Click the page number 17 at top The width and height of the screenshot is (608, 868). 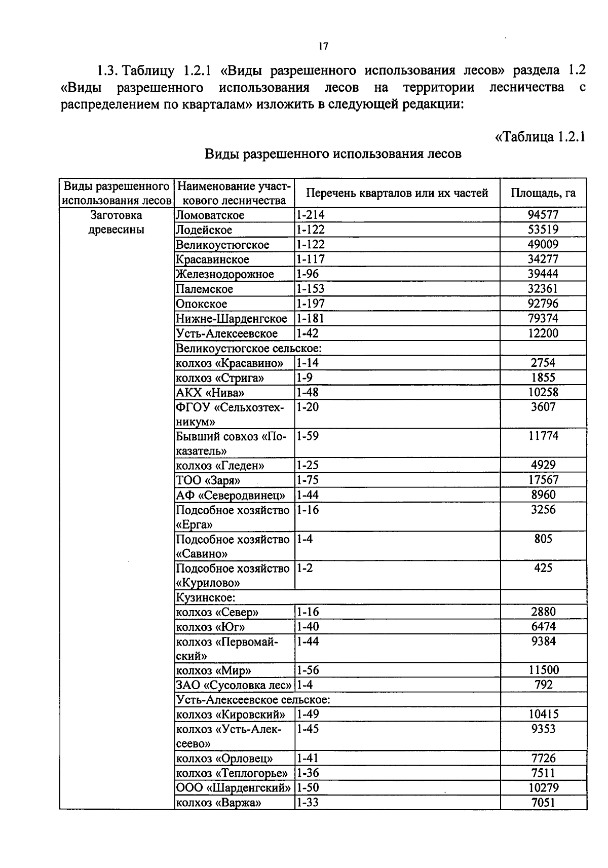click(x=323, y=47)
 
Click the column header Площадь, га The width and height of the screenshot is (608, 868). click(x=543, y=193)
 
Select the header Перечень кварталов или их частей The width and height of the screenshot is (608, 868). click(x=397, y=193)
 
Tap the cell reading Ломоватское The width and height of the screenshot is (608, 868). click(x=210, y=215)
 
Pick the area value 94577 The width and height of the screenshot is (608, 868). click(x=543, y=215)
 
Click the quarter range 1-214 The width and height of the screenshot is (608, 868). click(x=310, y=215)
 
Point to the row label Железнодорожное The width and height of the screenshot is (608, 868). click(x=224, y=274)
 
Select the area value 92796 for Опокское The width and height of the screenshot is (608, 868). click(x=543, y=304)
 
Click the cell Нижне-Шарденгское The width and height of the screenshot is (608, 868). click(x=231, y=319)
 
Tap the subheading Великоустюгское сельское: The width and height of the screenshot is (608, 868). click(x=249, y=348)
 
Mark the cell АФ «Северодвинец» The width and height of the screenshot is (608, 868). click(x=230, y=495)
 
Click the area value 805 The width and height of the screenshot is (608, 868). click(x=543, y=539)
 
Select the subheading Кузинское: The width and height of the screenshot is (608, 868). click(x=205, y=598)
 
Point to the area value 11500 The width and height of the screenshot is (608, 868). click(x=543, y=670)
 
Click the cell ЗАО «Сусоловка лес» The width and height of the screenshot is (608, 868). click(x=234, y=686)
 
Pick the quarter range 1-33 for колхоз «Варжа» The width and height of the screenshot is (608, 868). click(x=308, y=803)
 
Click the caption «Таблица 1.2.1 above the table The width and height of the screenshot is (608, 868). click(x=540, y=137)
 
